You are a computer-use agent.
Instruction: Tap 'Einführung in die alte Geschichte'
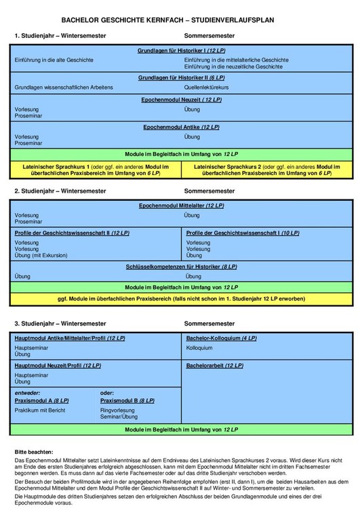pyautogui.click(x=54, y=60)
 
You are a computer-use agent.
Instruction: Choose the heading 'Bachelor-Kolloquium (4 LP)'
pyautogui.click(x=220, y=338)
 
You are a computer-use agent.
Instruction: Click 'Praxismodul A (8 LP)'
pyautogui.click(x=41, y=401)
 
